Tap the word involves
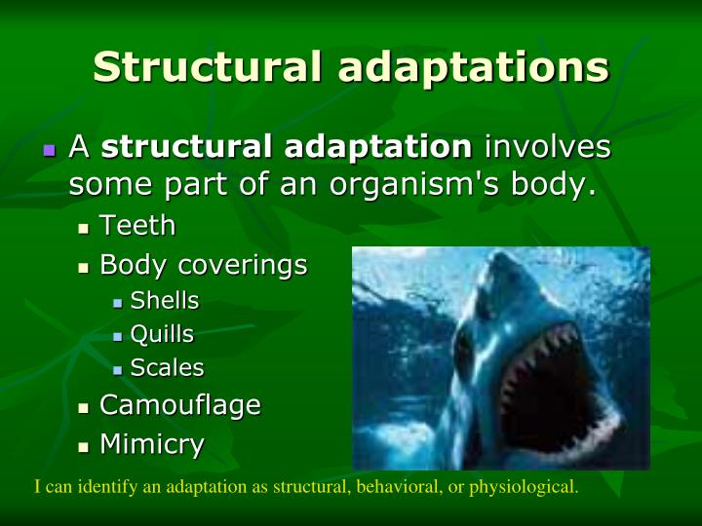(548, 148)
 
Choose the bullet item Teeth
(137, 226)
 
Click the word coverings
(253, 265)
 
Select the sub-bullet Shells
(164, 301)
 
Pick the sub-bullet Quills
(162, 335)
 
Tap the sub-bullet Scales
(167, 368)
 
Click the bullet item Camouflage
(180, 405)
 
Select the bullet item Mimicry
(152, 445)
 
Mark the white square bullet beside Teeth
(84, 229)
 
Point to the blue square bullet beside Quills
(117, 337)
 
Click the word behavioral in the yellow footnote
(394, 487)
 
